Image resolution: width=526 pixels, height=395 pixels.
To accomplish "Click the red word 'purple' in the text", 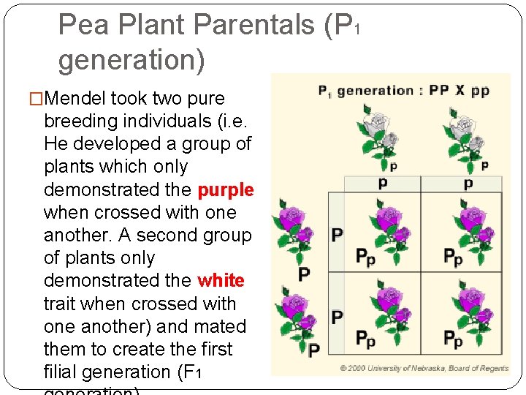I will pyautogui.click(x=226, y=190).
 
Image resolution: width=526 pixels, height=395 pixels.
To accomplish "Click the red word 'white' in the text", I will pyautogui.click(x=221, y=281).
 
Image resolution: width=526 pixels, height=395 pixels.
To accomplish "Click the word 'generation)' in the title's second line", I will pyautogui.click(x=131, y=60).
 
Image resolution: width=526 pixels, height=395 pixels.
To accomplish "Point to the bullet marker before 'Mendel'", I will pyautogui.click(x=34, y=99).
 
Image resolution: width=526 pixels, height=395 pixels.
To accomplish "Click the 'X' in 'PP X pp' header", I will pyautogui.click(x=459, y=91).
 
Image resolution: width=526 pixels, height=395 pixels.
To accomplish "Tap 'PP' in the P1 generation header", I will pyautogui.click(x=439, y=91).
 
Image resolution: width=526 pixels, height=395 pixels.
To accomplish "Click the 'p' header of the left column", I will pyautogui.click(x=383, y=184).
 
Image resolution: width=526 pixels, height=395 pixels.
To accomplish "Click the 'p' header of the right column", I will pyautogui.click(x=468, y=184).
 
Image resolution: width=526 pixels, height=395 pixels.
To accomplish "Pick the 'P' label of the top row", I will pyautogui.click(x=337, y=235).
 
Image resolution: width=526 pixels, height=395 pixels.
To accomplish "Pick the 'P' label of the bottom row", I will pyautogui.click(x=337, y=317).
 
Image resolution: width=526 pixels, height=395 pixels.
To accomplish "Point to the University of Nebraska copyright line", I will pyautogui.click(x=424, y=368).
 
